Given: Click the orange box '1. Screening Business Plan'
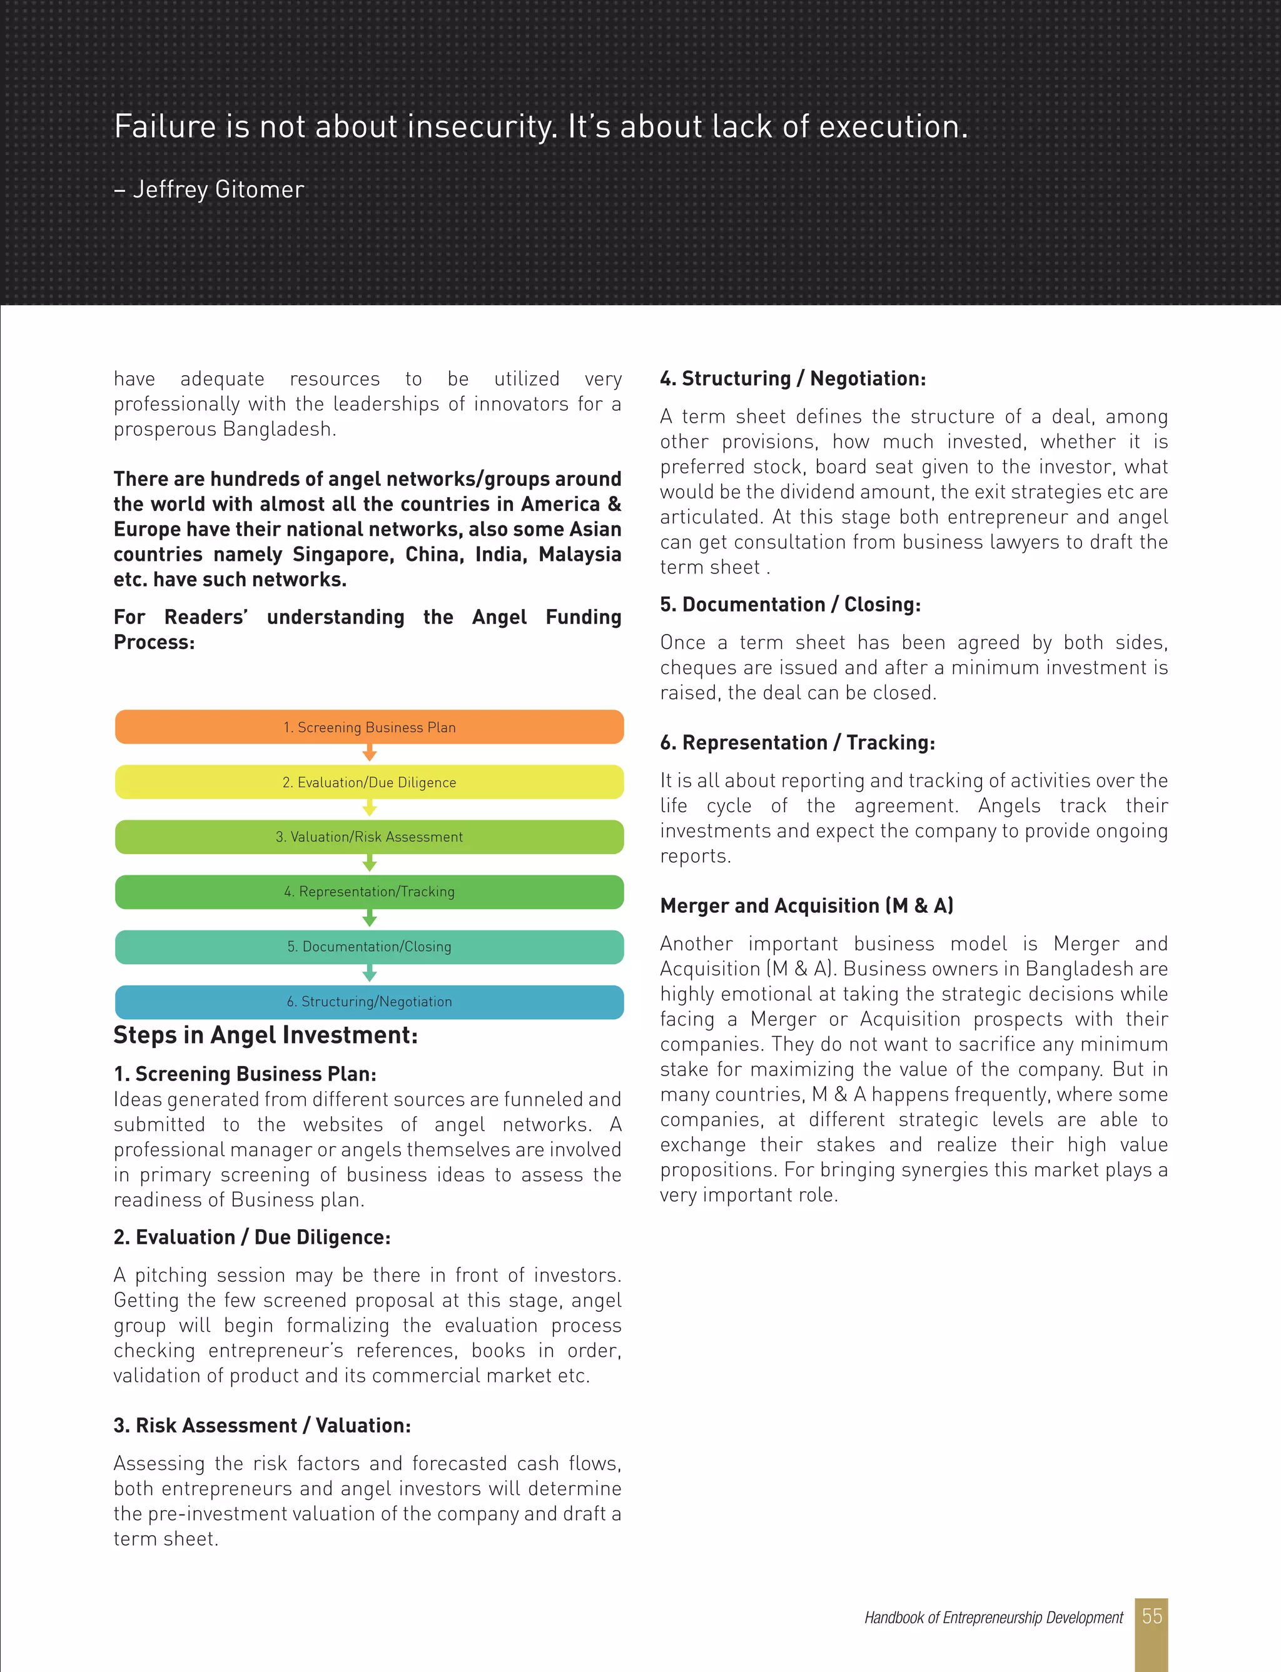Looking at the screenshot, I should click(x=369, y=727).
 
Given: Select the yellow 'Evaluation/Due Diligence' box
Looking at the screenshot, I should click(x=369, y=782).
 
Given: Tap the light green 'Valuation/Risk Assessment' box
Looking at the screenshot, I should click(x=369, y=837).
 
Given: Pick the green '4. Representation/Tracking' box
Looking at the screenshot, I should click(x=369, y=892).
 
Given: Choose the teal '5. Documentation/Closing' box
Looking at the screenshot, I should click(x=369, y=947).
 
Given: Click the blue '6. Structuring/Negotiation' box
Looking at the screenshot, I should click(x=369, y=1001).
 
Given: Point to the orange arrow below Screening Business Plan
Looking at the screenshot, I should click(x=370, y=753).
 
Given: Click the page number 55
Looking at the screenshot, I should click(x=1152, y=1616).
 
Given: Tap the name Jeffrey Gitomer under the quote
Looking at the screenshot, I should click(x=218, y=189).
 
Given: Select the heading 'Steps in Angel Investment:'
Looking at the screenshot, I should click(x=265, y=1035).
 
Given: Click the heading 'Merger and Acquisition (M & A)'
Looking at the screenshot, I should click(x=807, y=905).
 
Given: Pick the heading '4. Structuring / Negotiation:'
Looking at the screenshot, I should click(x=793, y=379).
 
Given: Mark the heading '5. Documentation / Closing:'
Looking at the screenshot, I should click(x=790, y=604).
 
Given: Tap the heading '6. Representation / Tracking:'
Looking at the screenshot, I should click(x=797, y=742).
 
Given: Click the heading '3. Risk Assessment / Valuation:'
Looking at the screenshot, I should click(x=262, y=1425).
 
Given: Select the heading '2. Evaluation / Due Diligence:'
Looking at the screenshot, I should click(x=251, y=1237).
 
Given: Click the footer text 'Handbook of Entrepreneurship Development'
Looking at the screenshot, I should click(x=993, y=1617).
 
